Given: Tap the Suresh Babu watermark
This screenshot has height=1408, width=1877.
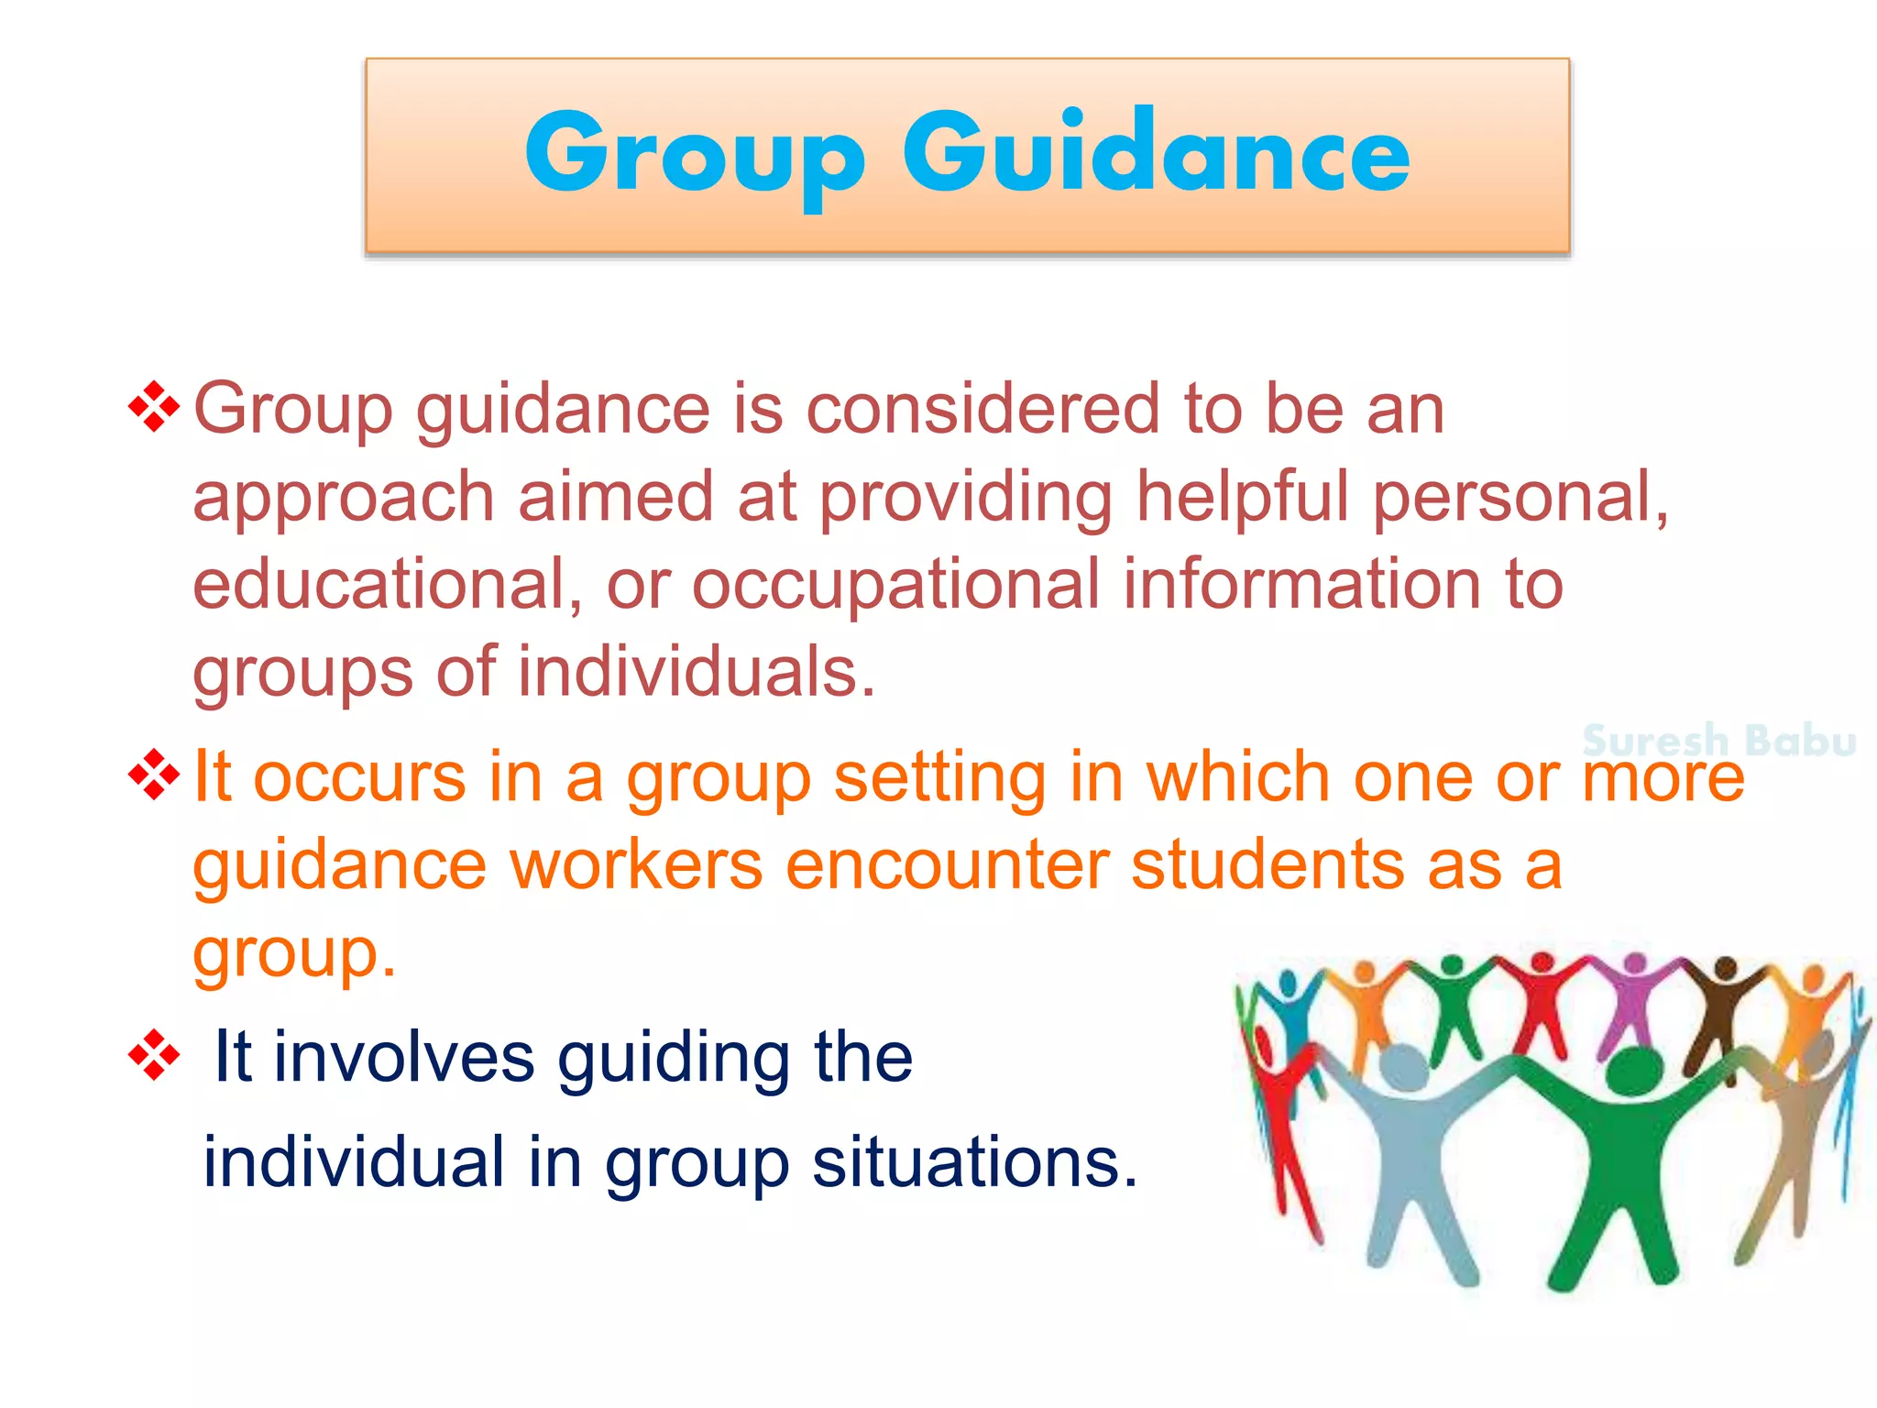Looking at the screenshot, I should point(1718,741).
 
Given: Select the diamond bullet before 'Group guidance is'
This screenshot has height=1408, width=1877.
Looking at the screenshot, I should point(154,407).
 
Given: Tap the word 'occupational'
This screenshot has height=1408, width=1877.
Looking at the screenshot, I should point(895,586).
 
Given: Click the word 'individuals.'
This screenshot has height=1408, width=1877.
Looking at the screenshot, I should point(697,672).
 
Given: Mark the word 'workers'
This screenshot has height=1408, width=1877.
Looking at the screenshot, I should point(636,865).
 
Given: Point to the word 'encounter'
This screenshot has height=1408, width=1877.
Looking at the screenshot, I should point(947,865).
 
